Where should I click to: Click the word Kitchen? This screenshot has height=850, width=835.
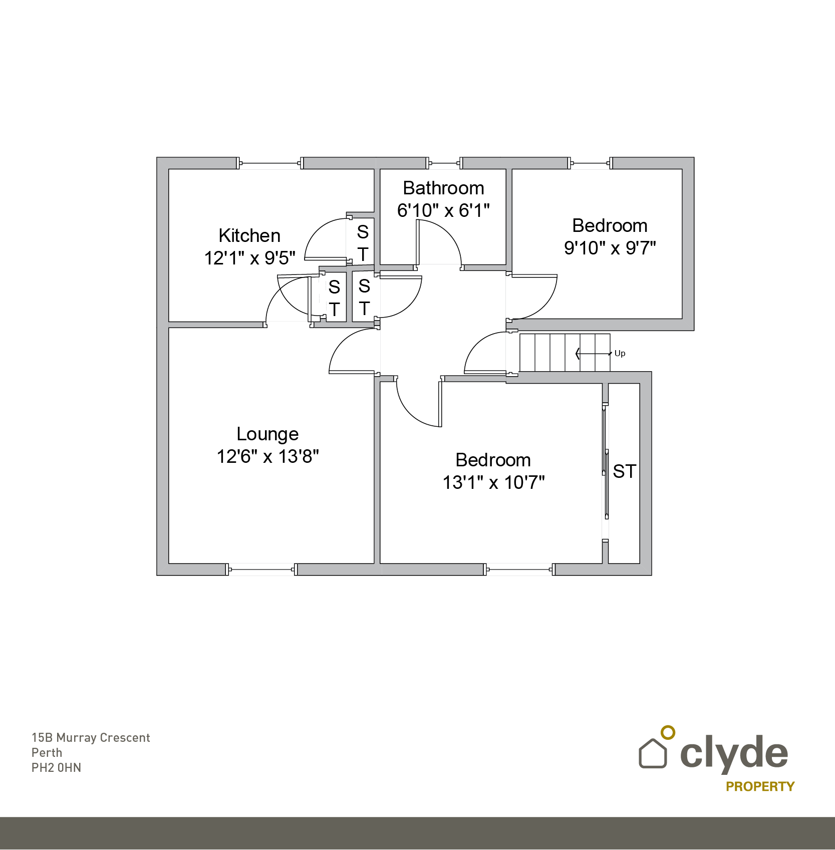pyautogui.click(x=249, y=235)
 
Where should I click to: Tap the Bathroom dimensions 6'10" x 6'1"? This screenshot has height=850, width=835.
pyautogui.click(x=443, y=210)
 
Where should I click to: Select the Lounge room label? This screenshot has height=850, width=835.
pyautogui.click(x=267, y=434)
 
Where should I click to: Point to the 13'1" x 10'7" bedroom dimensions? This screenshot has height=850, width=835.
pyautogui.click(x=493, y=482)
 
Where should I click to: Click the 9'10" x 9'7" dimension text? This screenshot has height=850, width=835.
pyautogui.click(x=610, y=248)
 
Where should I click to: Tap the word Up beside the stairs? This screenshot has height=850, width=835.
pyautogui.click(x=620, y=353)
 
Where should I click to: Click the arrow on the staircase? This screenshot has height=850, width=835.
pyautogui.click(x=593, y=354)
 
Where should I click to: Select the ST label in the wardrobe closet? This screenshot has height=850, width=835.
pyautogui.click(x=624, y=471)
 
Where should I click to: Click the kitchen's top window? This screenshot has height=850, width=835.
pyautogui.click(x=270, y=163)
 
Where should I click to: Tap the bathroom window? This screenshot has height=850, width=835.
pyautogui.click(x=444, y=163)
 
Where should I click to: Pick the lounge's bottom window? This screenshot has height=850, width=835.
pyautogui.click(x=261, y=570)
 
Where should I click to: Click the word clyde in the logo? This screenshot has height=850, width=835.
pyautogui.click(x=734, y=752)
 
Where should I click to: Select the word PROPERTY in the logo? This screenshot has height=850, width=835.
pyautogui.click(x=760, y=786)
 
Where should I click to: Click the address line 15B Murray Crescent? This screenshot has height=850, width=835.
pyautogui.click(x=91, y=738)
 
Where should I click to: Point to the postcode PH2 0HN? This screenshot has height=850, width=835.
pyautogui.click(x=56, y=768)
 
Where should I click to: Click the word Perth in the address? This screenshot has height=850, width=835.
pyautogui.click(x=47, y=753)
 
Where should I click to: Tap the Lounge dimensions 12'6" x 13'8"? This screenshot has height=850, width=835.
pyautogui.click(x=267, y=456)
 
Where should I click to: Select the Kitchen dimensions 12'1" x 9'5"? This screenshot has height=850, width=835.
pyautogui.click(x=249, y=258)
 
